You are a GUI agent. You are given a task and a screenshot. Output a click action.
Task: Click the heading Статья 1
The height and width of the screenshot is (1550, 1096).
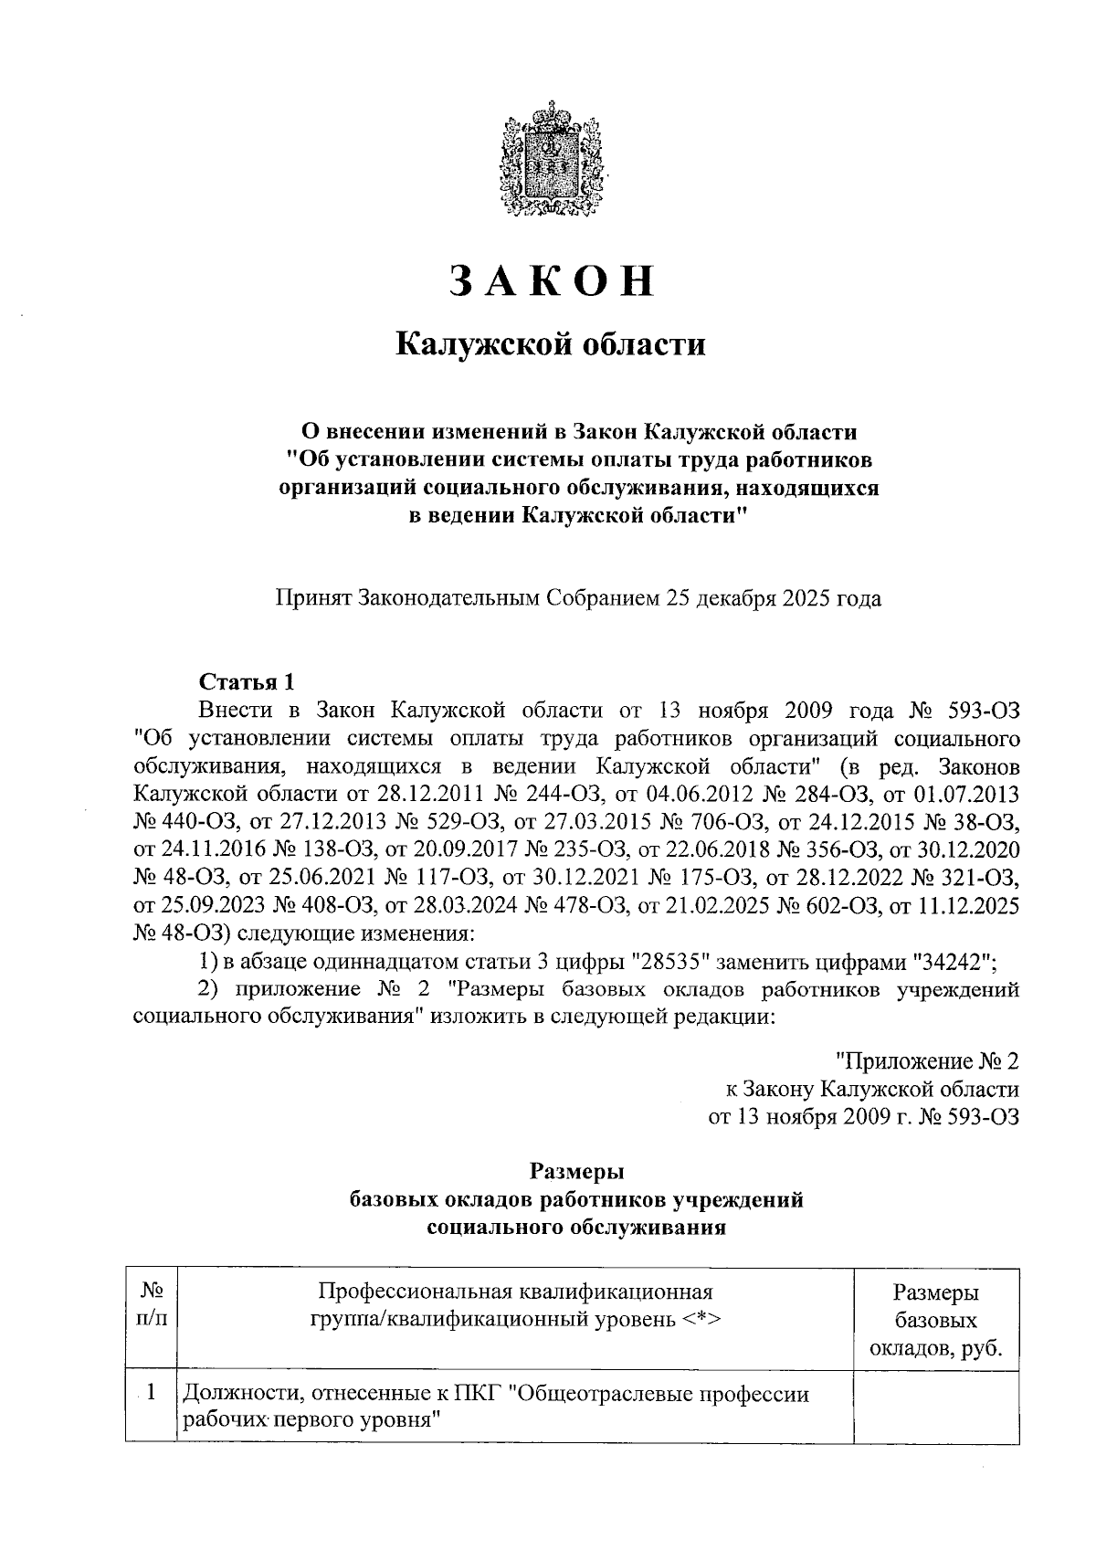coord(248,681)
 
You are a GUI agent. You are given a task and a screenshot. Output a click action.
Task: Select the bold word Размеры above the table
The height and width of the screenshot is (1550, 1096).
coord(576,1171)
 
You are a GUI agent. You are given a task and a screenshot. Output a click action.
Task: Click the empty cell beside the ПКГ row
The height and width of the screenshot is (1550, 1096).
coord(935,1407)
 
